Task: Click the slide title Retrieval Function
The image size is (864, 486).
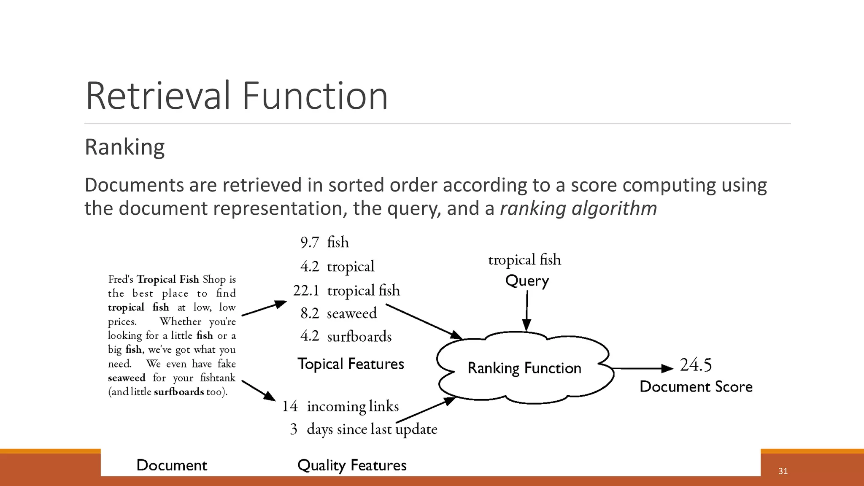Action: pyautogui.click(x=236, y=96)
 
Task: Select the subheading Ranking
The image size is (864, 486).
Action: pyautogui.click(x=124, y=147)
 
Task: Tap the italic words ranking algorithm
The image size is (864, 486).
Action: pyautogui.click(x=578, y=208)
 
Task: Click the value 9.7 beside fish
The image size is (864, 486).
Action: pyautogui.click(x=310, y=243)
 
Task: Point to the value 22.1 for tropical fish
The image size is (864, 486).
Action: pyautogui.click(x=306, y=291)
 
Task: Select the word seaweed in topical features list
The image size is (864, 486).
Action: pyautogui.click(x=351, y=313)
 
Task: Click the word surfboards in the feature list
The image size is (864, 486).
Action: pyautogui.click(x=359, y=337)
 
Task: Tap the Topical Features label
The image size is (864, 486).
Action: pyautogui.click(x=351, y=364)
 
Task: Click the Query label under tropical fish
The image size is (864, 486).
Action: pyautogui.click(x=527, y=281)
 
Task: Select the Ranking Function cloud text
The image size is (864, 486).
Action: pyautogui.click(x=524, y=368)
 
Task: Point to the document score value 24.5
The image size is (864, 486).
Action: pyautogui.click(x=696, y=365)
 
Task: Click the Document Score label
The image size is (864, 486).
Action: pyautogui.click(x=696, y=387)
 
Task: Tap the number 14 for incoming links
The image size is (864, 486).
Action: pyautogui.click(x=290, y=406)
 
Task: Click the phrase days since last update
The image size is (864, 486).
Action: pyautogui.click(x=372, y=429)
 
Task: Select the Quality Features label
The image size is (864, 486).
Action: pyautogui.click(x=352, y=465)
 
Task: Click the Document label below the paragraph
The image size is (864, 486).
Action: pyautogui.click(x=172, y=465)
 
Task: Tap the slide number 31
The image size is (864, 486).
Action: pyautogui.click(x=783, y=471)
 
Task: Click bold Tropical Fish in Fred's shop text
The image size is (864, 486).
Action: pyautogui.click(x=167, y=279)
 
